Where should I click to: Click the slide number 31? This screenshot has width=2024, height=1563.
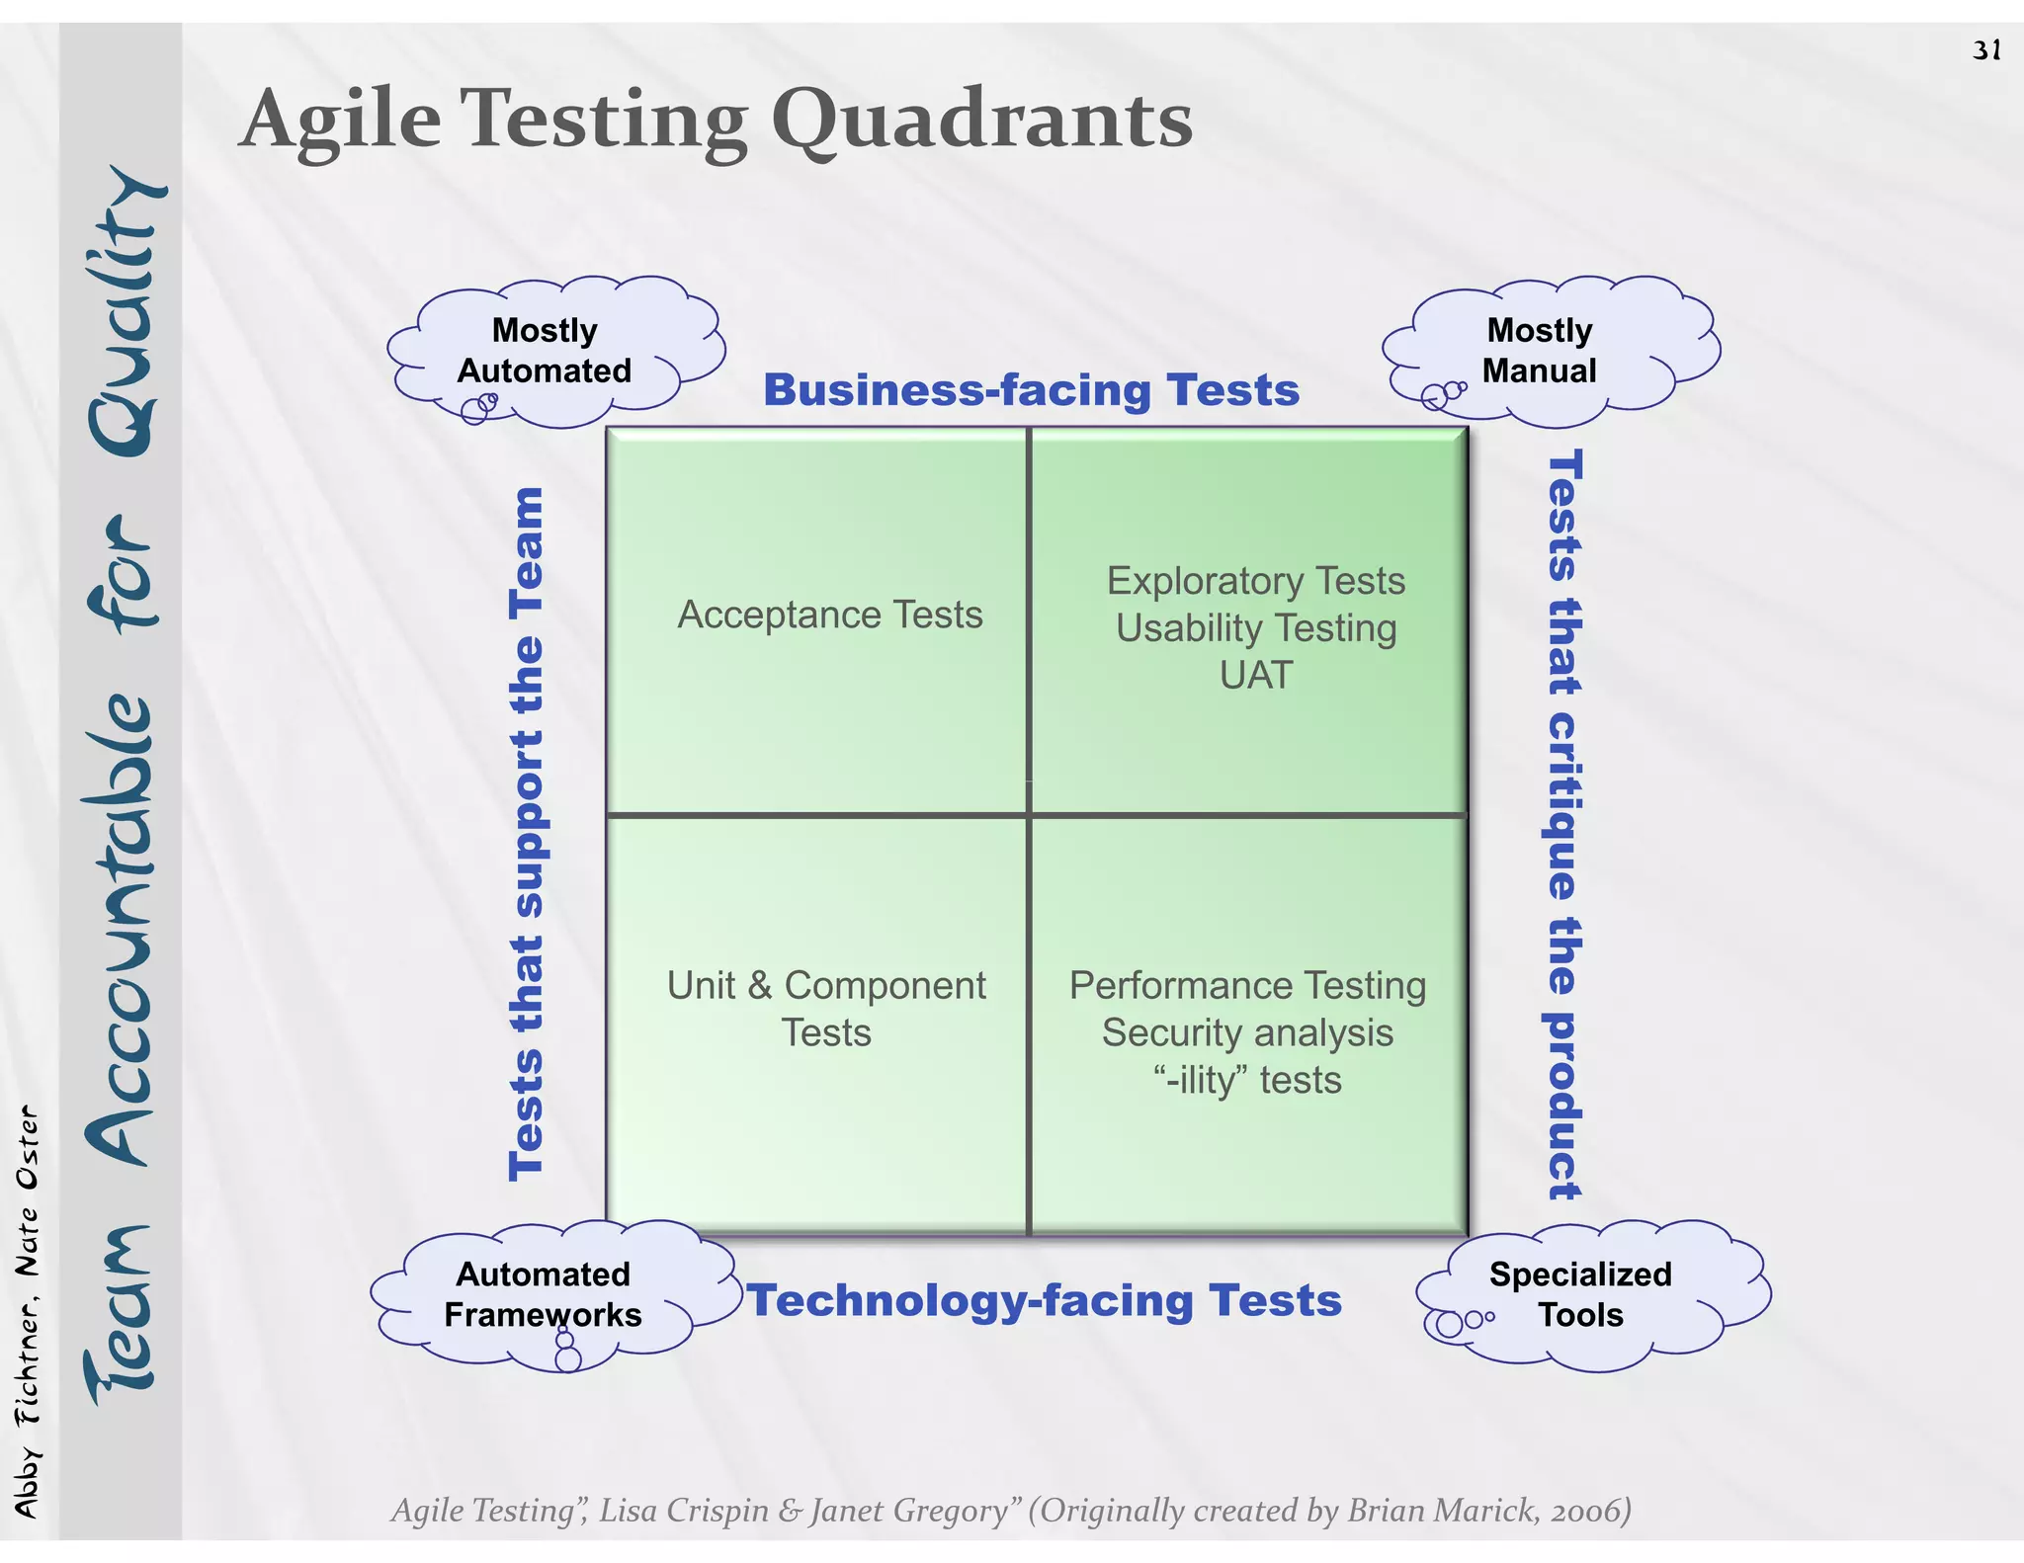click(1986, 50)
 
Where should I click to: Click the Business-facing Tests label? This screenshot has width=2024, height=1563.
click(1031, 390)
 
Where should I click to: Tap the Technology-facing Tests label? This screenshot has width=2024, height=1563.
click(1044, 1300)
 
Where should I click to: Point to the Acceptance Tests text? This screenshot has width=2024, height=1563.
click(829, 615)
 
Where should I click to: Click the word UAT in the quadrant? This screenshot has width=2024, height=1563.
click(1255, 676)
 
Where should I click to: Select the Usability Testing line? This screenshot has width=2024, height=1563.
click(1255, 628)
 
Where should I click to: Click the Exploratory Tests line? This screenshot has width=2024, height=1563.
click(1255, 581)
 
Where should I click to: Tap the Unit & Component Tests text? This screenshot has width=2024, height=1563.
click(826, 1009)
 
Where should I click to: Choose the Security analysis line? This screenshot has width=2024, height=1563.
click(1247, 1032)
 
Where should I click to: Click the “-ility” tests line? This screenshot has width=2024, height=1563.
click(1247, 1080)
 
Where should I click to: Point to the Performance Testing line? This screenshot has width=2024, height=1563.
click(1247, 985)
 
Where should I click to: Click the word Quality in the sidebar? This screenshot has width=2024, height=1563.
click(124, 311)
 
